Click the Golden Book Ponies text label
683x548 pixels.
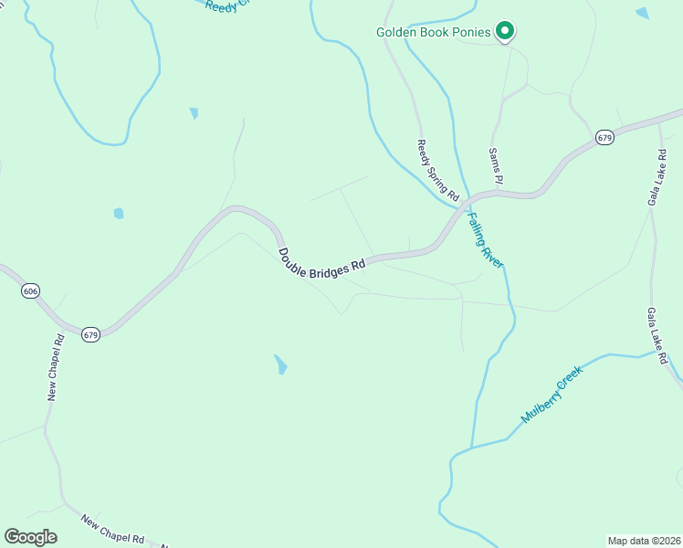coord(435,33)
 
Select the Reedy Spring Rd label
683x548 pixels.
coord(437,169)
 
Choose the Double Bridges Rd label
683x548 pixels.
coord(321,258)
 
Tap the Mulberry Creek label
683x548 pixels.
coord(551,394)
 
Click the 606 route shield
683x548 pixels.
coord(30,290)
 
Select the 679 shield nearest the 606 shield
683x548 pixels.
coord(90,333)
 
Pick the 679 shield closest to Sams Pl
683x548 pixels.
coord(604,137)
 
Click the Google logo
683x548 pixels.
coord(30,537)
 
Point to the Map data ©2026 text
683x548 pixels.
coord(645,541)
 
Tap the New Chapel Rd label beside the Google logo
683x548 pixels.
coord(113,530)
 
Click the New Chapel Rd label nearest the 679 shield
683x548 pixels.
coord(55,367)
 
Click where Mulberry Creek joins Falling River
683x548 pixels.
coord(471,448)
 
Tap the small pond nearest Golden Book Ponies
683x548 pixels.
coord(642,13)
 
